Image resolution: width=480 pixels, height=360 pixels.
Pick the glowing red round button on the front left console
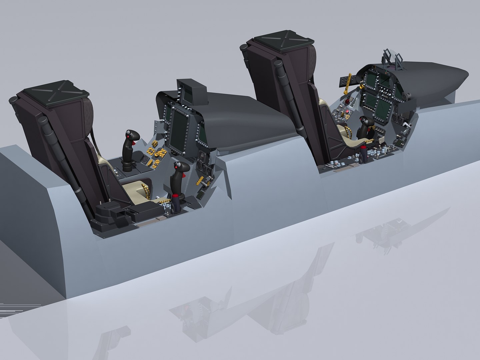click(348, 111)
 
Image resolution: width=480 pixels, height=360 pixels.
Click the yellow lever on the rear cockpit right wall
click(201, 182)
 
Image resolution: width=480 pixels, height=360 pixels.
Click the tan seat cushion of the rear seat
click(133, 190)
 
